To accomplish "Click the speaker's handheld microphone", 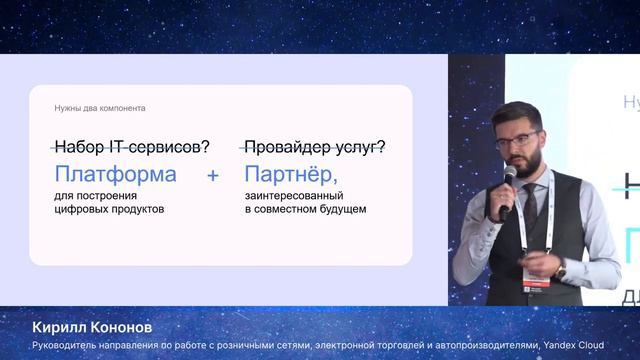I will click(508, 180).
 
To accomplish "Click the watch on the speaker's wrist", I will click(561, 270).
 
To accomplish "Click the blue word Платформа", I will click(116, 174).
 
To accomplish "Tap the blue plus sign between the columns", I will click(212, 175).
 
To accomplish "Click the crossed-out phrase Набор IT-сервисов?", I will click(132, 146).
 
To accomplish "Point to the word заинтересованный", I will click(291, 196).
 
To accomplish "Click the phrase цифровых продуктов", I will click(109, 210).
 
